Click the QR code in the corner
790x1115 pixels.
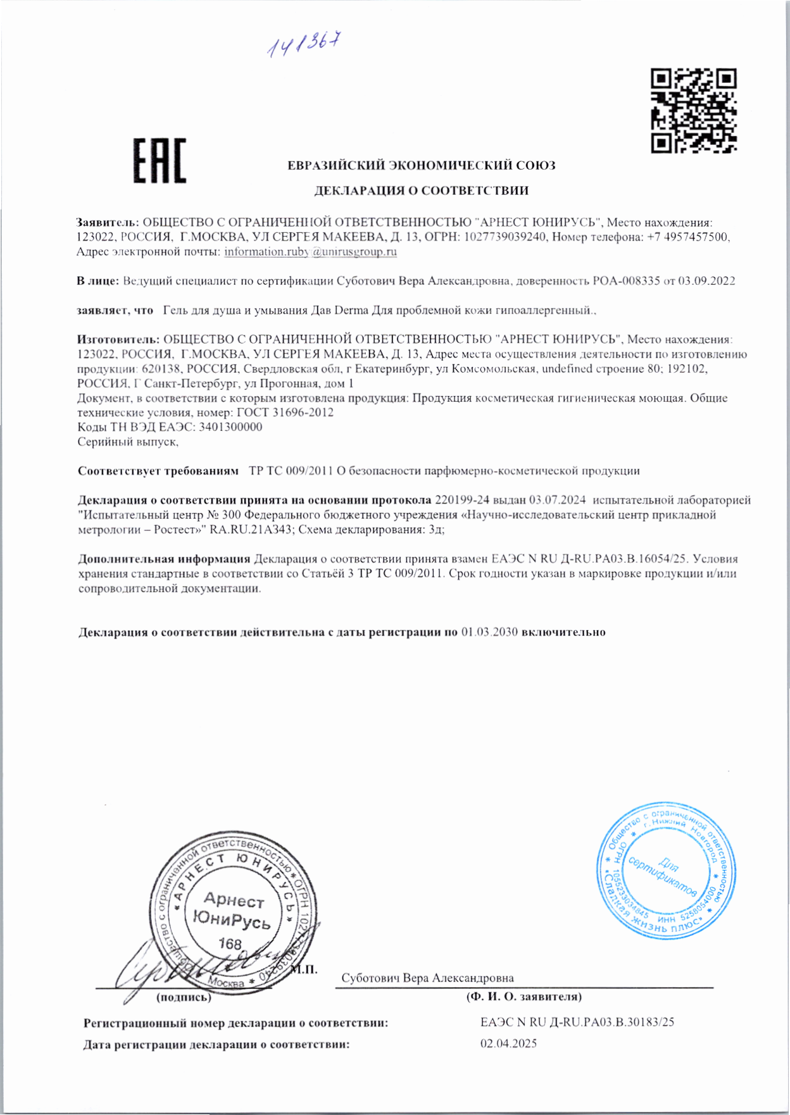694,111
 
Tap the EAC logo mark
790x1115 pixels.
160,161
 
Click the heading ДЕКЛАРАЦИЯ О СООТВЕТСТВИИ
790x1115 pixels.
422,190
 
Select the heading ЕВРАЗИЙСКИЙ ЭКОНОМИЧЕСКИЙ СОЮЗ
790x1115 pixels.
422,166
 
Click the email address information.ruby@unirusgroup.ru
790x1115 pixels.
310,252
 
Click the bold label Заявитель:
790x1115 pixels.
108,223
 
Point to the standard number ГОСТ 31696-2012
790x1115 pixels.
285,413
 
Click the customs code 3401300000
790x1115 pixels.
230,427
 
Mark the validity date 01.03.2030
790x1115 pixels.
490,632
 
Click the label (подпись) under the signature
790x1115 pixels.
184,997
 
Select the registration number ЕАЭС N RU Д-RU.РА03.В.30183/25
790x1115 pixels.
577,1022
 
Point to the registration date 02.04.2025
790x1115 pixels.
508,1043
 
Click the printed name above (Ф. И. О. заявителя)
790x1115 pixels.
427,978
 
